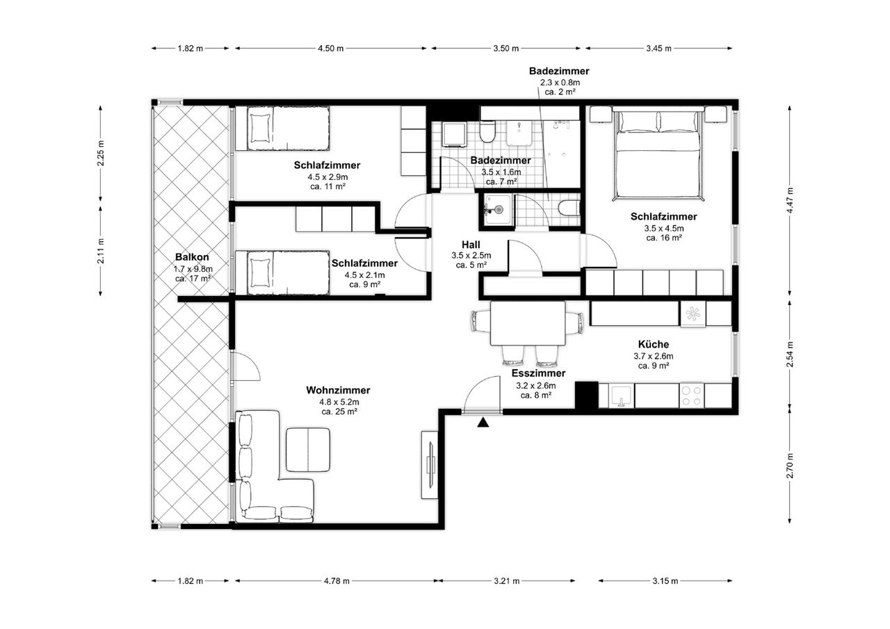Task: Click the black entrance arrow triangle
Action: (483, 423)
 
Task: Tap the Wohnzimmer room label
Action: (338, 391)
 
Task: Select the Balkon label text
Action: (192, 257)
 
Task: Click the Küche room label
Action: (654, 344)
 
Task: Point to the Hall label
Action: (471, 245)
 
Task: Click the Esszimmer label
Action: (538, 373)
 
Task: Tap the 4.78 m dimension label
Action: (337, 581)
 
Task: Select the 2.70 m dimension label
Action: (789, 466)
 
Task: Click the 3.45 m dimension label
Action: (658, 49)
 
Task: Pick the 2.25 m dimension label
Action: (101, 154)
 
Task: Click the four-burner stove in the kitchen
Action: (691, 395)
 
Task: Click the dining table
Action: (528, 323)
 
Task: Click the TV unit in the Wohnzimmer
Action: (430, 465)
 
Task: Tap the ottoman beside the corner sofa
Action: (308, 450)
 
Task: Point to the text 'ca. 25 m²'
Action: (339, 411)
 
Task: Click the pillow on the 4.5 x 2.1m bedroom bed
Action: (260, 273)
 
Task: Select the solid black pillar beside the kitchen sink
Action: (586, 395)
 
